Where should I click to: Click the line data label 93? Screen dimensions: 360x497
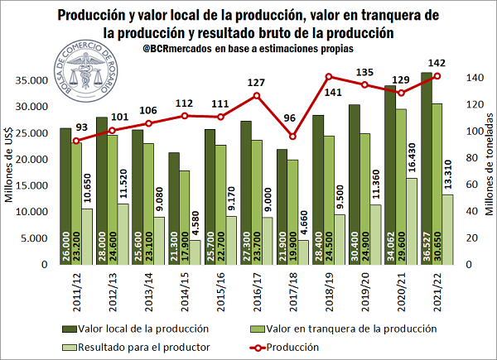coord(80,127)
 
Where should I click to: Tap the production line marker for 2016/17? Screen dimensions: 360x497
coord(258,95)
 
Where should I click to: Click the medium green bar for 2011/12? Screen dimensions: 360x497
coord(77,199)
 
